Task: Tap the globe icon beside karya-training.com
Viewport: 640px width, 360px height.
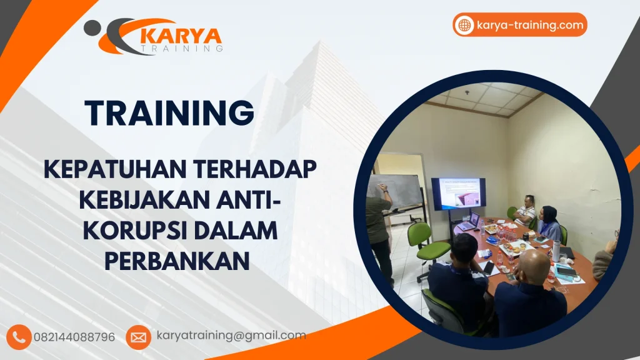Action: click(464, 25)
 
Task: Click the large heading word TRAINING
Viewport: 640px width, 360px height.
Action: click(170, 113)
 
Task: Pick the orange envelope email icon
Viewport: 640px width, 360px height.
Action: click(138, 337)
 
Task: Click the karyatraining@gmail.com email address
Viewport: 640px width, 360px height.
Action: click(231, 336)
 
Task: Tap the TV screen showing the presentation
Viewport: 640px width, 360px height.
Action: click(458, 193)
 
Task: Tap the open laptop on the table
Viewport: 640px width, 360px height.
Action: click(469, 222)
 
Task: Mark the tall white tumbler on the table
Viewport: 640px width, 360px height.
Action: click(556, 251)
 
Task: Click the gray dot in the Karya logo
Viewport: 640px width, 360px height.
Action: click(91, 27)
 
